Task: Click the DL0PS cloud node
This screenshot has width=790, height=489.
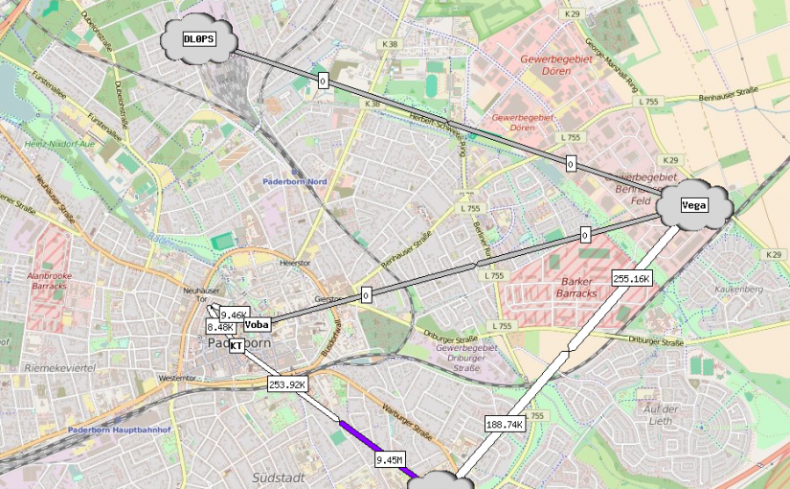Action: [199, 39]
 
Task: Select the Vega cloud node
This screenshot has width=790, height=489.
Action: [694, 204]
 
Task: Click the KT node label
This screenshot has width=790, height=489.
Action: [236, 345]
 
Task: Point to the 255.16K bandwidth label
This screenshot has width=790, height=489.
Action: [631, 279]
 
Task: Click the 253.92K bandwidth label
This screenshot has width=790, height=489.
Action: [287, 384]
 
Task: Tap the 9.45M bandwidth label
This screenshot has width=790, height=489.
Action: [390, 460]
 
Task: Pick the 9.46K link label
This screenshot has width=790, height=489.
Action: [234, 314]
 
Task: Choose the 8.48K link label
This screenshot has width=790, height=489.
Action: [220, 327]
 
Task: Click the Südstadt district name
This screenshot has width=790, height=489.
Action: [278, 477]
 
